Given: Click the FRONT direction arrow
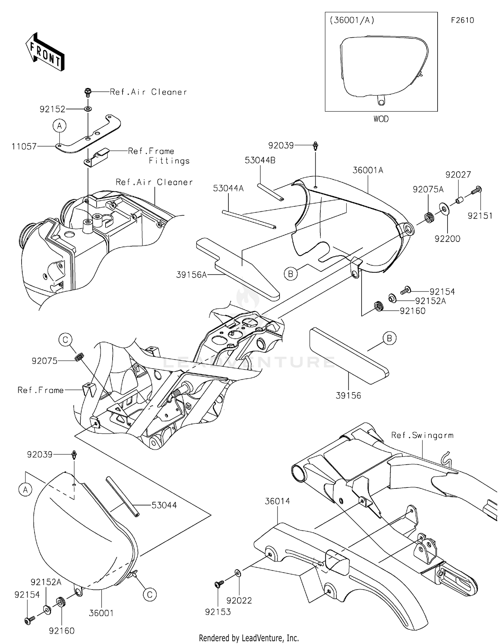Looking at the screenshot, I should (x=45, y=52).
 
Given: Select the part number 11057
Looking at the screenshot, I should (x=24, y=146).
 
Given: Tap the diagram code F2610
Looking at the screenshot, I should (x=462, y=20).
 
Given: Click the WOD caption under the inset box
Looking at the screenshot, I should (x=381, y=119).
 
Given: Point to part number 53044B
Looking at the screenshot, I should (x=260, y=160).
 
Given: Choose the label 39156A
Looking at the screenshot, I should (x=191, y=274).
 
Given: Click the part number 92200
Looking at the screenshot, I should (x=447, y=239).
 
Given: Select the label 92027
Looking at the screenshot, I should (x=458, y=174).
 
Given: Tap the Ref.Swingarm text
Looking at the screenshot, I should (x=422, y=435).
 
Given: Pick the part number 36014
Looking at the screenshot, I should (x=277, y=501).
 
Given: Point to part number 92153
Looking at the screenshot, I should (x=218, y=612).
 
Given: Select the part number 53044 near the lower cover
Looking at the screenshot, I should (x=164, y=505).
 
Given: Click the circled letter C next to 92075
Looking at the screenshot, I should (x=65, y=340).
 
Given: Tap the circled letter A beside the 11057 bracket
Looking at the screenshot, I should (x=59, y=126).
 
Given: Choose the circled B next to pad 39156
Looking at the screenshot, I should (x=389, y=338).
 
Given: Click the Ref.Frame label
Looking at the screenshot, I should (x=41, y=390).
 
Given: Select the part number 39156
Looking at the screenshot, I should (x=348, y=395).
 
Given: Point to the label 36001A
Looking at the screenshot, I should (x=368, y=170).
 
